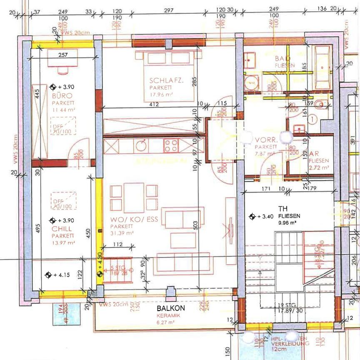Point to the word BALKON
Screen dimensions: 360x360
pos(170,308)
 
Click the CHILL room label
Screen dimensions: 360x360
pos(61,229)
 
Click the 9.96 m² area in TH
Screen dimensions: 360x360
pos(287,223)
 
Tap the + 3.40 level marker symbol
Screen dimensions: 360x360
pos(251,216)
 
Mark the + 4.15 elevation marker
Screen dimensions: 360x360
pos(48,275)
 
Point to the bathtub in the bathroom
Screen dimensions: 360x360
pos(322,67)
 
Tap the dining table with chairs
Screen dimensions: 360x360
pos(134,197)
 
